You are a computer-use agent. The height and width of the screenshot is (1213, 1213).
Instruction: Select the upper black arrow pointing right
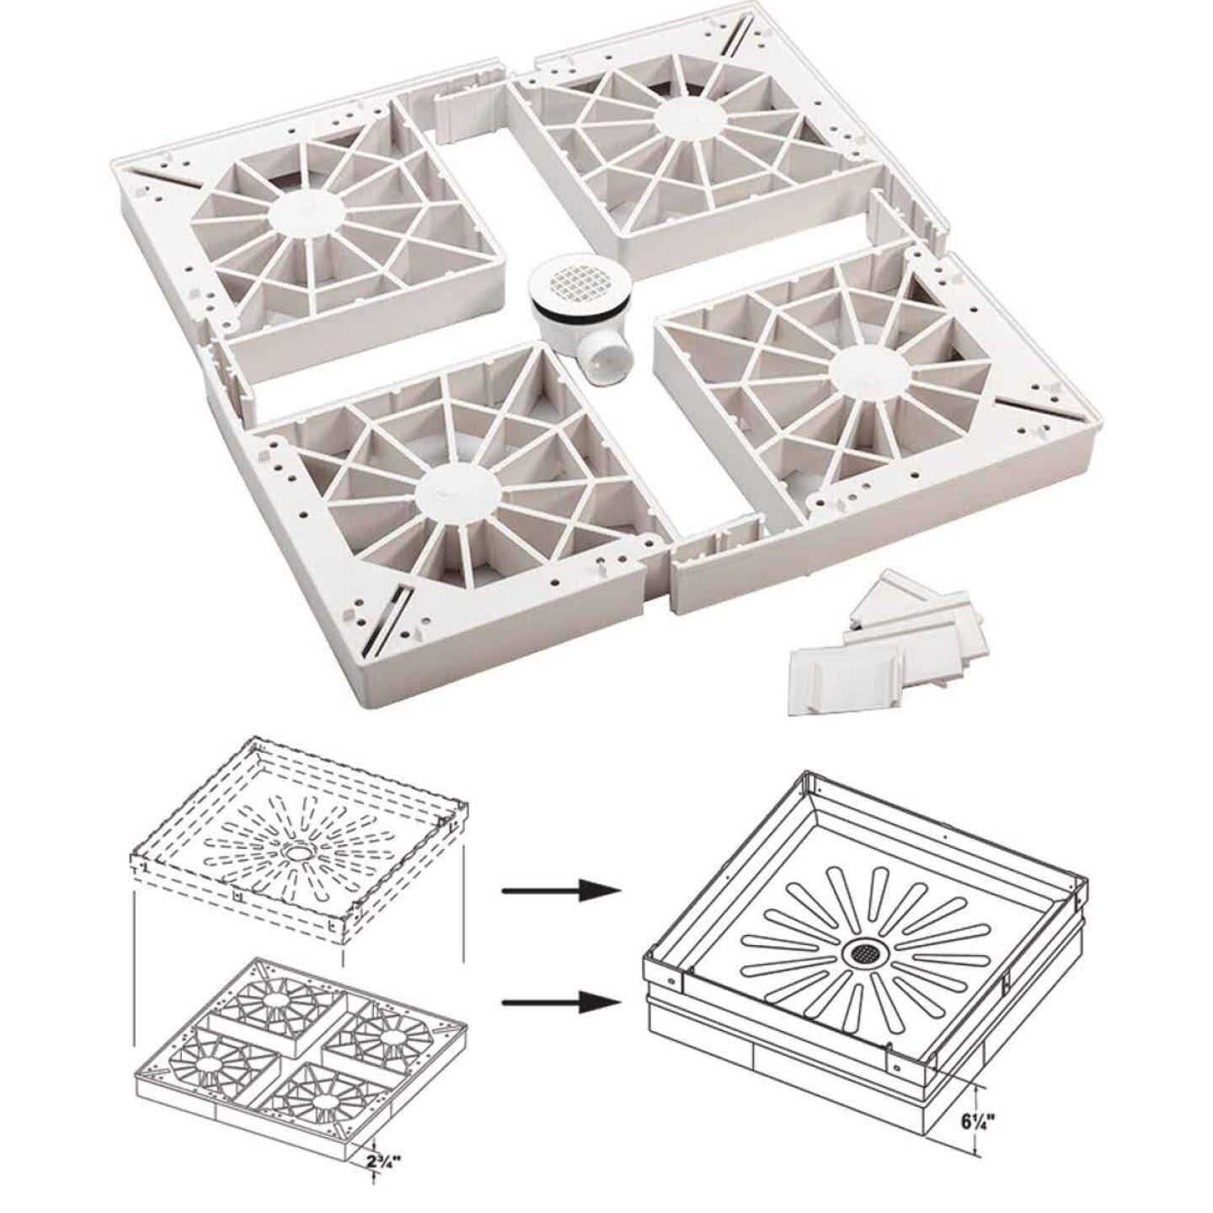click(560, 891)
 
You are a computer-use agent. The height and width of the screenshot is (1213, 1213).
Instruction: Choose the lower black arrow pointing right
click(560, 1002)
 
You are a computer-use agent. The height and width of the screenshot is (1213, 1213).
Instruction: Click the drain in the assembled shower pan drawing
click(863, 953)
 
